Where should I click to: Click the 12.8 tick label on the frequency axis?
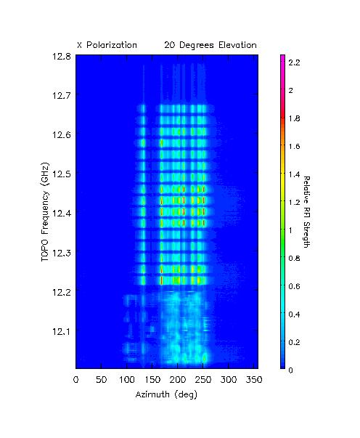[x=62, y=56]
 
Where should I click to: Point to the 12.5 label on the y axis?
[x=62, y=174]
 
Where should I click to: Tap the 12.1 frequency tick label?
[x=62, y=331]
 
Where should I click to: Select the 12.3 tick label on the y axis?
[x=62, y=253]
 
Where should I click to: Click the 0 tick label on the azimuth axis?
[x=76, y=380]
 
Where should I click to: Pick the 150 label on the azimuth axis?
[x=152, y=380]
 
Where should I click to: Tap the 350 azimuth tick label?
[x=254, y=380]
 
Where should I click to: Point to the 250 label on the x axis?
[x=203, y=380]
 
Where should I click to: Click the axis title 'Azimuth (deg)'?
[x=166, y=394]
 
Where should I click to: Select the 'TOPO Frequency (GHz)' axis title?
[x=45, y=212]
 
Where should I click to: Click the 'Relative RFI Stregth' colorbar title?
[x=307, y=212]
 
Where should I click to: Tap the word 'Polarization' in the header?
[x=112, y=45]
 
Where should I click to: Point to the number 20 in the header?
[x=169, y=45]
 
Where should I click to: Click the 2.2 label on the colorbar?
[x=295, y=62]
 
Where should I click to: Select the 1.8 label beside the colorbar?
[x=295, y=118]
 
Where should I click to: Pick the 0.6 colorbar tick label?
[x=295, y=286]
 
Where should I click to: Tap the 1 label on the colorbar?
[x=290, y=230]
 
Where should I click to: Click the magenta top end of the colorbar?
[x=282, y=56]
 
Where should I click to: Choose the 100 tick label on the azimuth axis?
[x=127, y=380]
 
